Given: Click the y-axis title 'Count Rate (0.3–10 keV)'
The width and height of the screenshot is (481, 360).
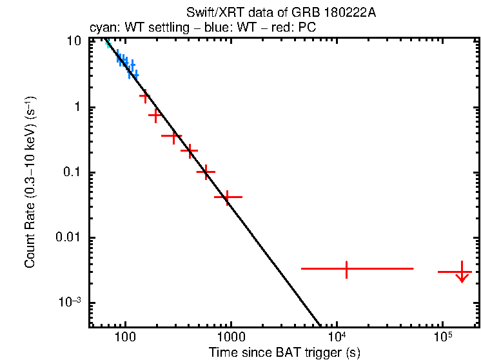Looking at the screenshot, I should click(30, 182).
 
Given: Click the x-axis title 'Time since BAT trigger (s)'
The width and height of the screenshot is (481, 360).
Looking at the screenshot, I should click(284, 352).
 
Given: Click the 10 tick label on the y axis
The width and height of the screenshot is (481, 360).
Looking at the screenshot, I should click(74, 41).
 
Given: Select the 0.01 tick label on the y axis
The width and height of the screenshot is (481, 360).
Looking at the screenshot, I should click(68, 238).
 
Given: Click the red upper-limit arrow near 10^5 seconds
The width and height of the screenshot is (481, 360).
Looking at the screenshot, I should click(462, 274).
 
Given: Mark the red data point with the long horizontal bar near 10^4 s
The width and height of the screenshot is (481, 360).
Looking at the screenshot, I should click(346, 268).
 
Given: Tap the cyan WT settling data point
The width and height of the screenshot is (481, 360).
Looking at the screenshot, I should click(108, 44).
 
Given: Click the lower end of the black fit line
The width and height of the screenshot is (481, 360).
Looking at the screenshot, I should click(319, 325).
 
